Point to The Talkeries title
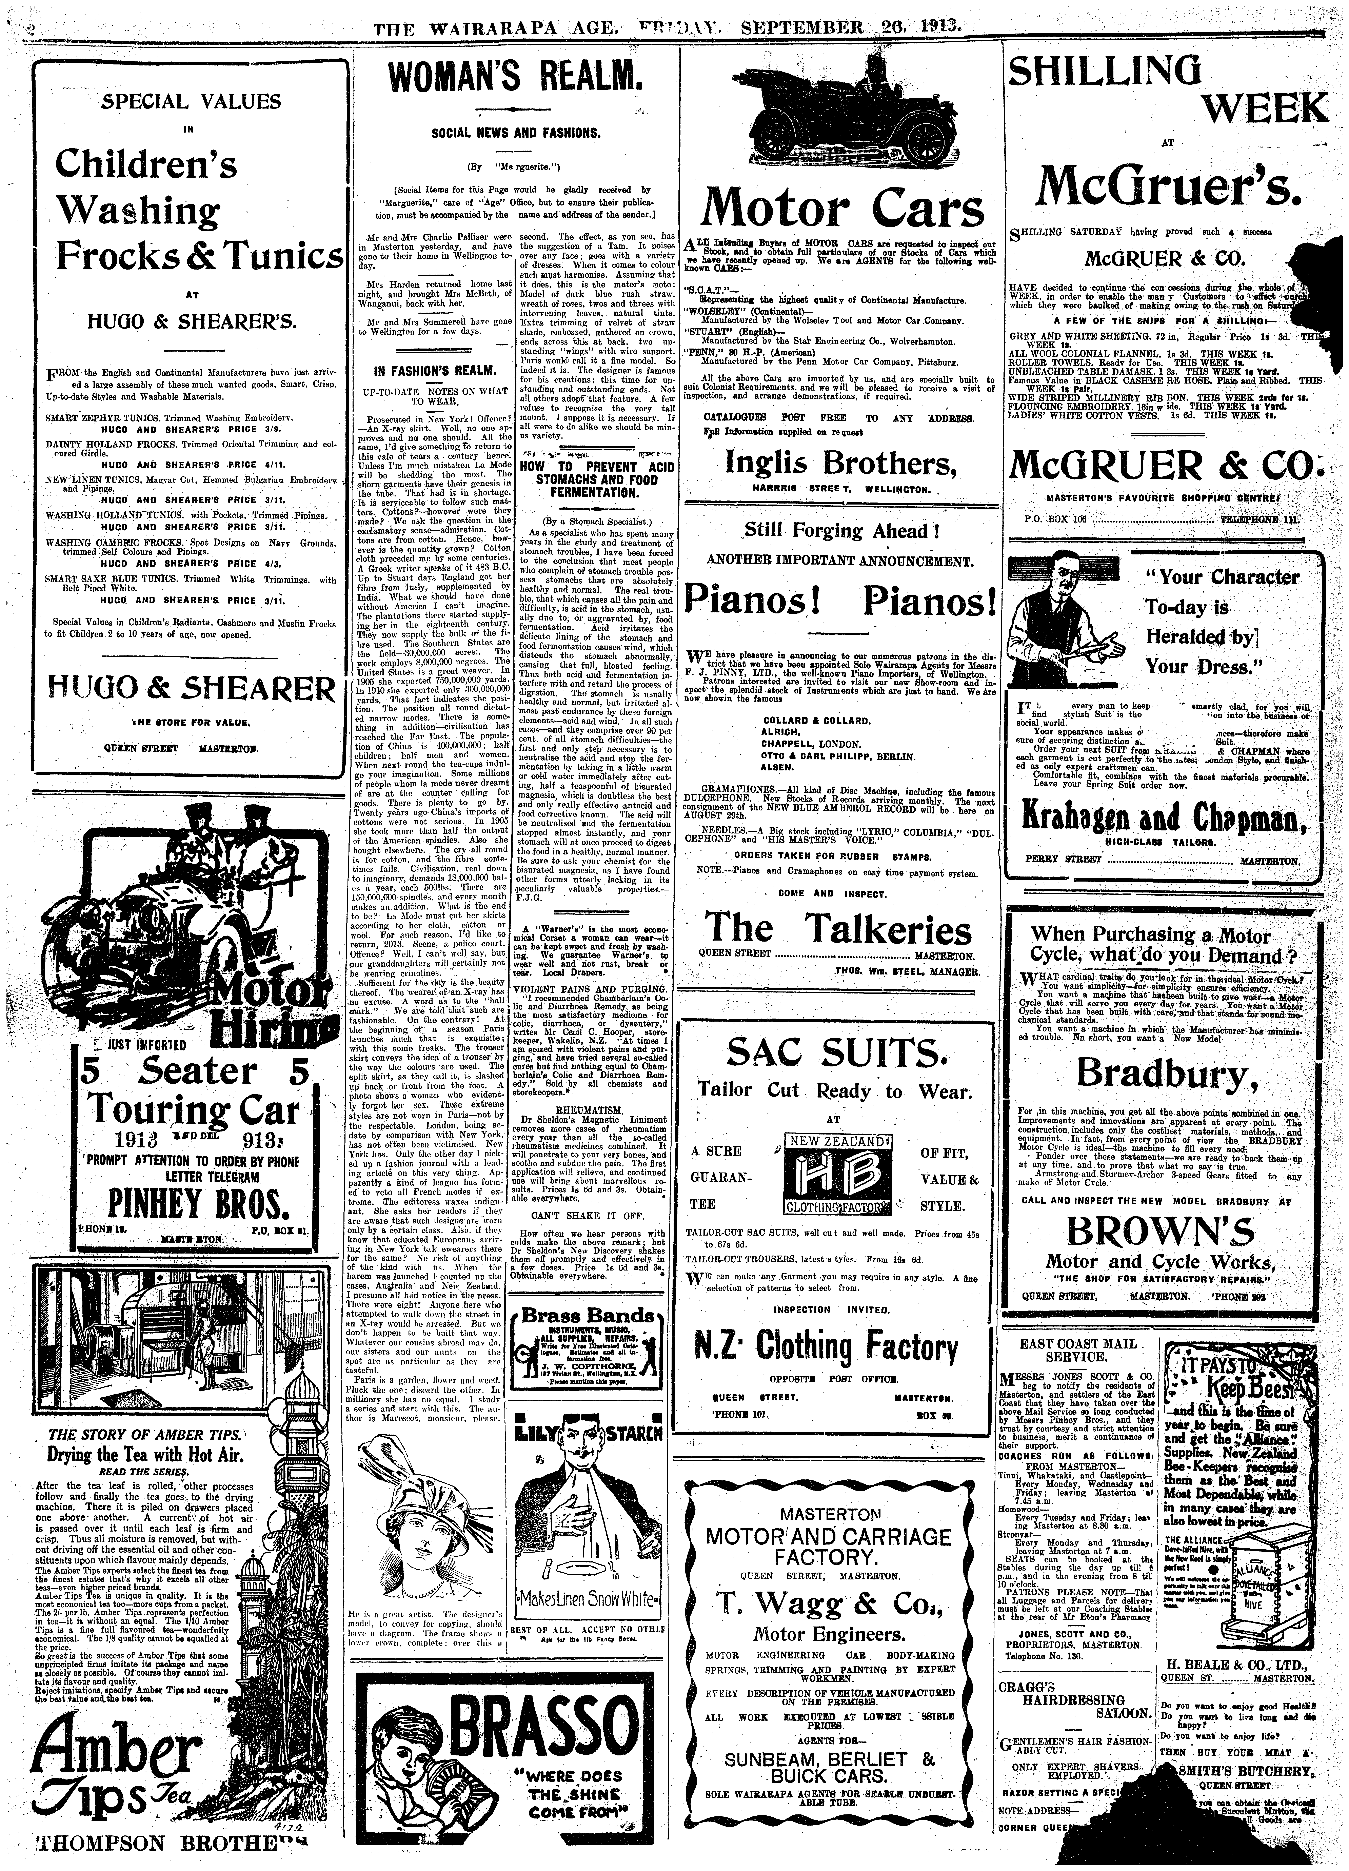(837, 928)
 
